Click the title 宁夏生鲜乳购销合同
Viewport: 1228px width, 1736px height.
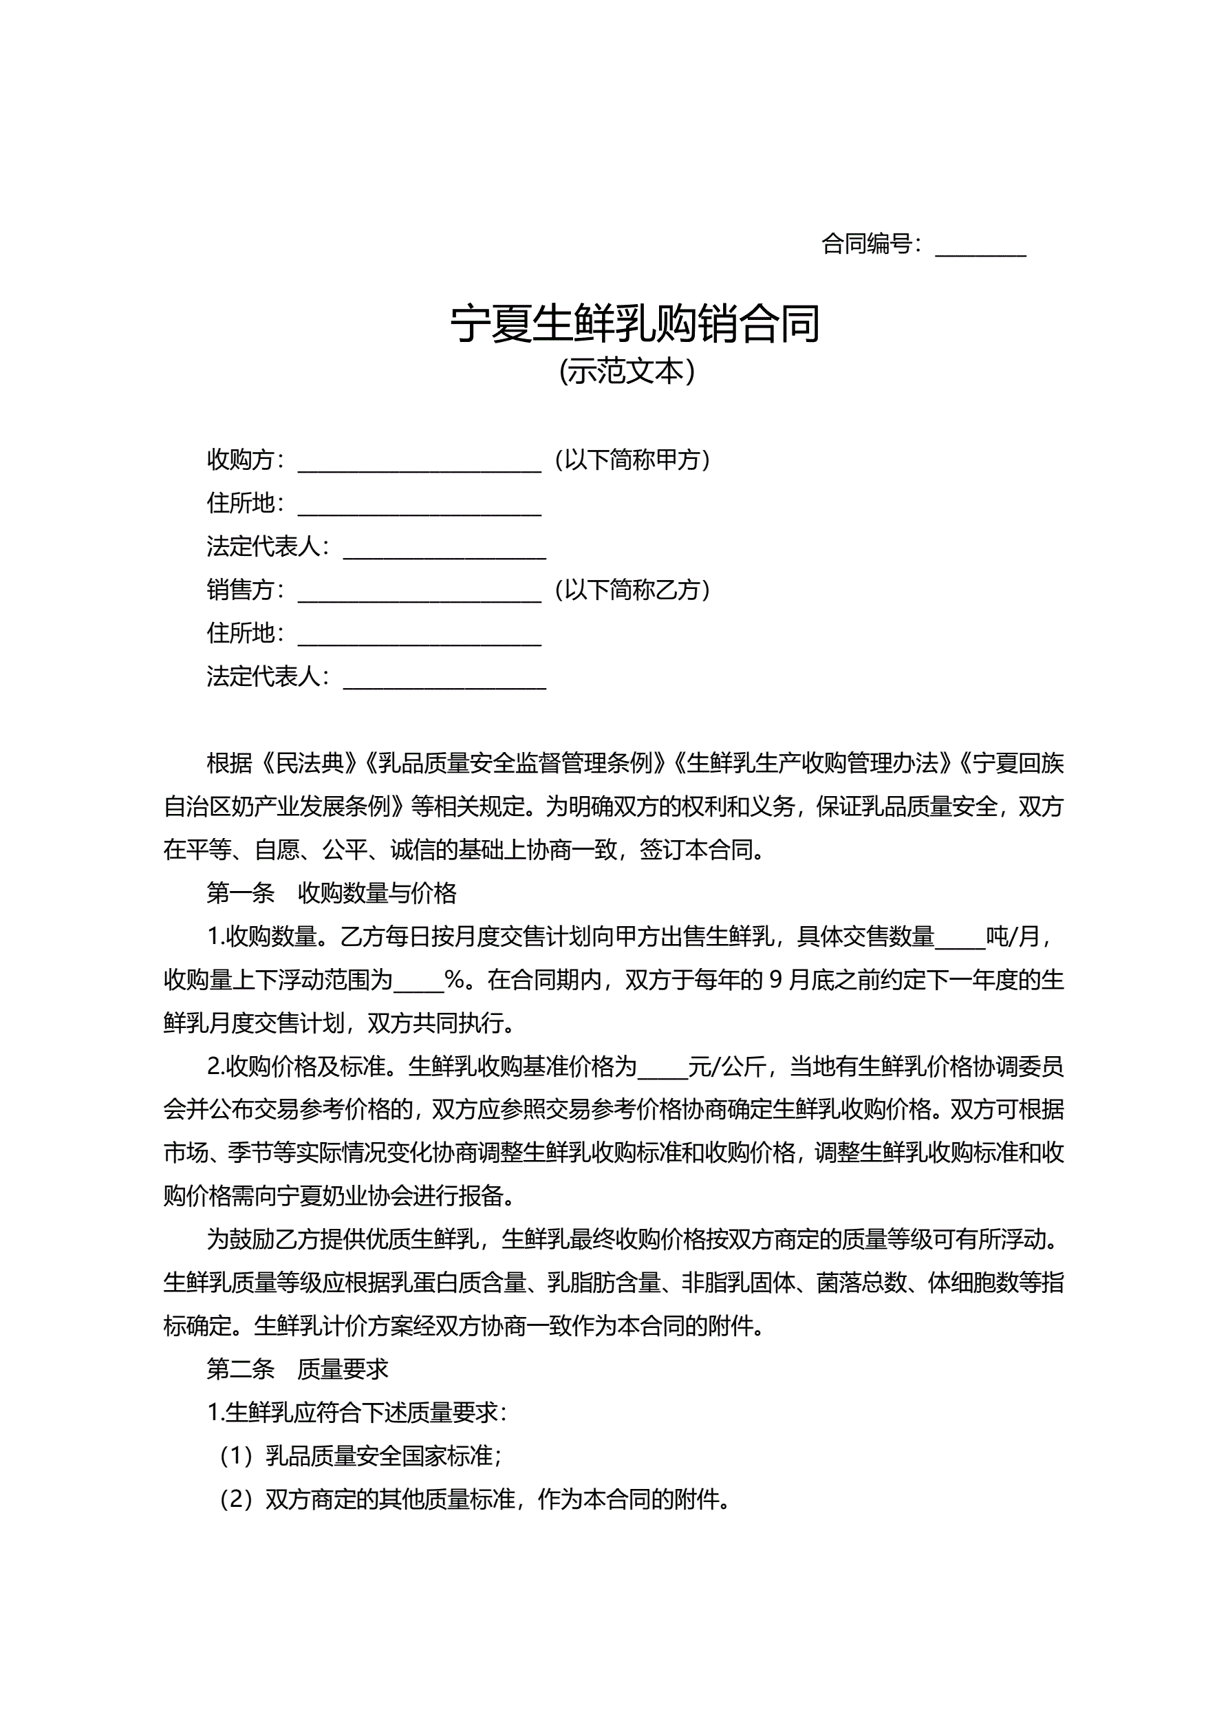coord(635,324)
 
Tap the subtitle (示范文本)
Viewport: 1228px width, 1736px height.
coord(626,372)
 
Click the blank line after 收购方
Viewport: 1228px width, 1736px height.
coord(420,461)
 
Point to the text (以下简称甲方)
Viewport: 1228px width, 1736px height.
coord(632,460)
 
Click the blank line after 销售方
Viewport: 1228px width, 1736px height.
coord(420,591)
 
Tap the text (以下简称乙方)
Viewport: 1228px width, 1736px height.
coord(632,590)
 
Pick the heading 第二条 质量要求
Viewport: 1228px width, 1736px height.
coord(297,1369)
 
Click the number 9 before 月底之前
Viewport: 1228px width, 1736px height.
coord(775,980)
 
